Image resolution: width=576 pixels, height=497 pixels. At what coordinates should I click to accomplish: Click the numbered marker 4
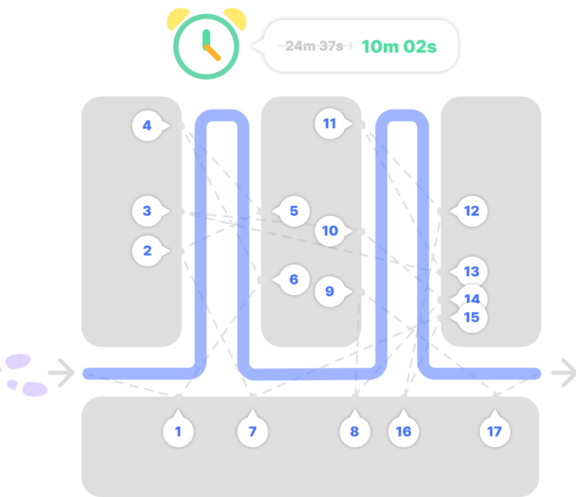(x=147, y=125)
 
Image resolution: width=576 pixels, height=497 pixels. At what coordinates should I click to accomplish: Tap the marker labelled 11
(x=330, y=123)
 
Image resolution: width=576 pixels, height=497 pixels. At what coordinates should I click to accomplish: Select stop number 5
(x=294, y=211)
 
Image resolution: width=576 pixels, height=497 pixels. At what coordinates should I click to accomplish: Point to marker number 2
(x=147, y=251)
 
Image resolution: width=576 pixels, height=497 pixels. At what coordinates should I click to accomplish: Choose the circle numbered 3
(x=147, y=211)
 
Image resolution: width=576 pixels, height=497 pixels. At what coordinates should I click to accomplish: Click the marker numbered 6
(x=294, y=279)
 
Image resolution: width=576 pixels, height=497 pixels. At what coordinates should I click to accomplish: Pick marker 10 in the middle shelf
(x=330, y=231)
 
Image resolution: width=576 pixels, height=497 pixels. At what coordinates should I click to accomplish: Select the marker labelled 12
(x=472, y=211)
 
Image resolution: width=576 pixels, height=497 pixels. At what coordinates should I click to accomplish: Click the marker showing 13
(x=472, y=272)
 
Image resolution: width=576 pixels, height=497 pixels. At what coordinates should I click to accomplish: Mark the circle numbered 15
(x=472, y=318)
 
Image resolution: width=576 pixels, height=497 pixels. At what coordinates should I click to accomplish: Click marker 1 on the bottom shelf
(x=178, y=432)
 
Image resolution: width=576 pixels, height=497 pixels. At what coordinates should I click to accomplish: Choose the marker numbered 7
(x=253, y=432)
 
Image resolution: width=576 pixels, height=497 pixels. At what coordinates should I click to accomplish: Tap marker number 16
(x=404, y=432)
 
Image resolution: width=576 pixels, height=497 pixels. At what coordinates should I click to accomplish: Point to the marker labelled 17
(x=494, y=432)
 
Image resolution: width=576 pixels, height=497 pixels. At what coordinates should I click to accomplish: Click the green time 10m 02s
(x=399, y=46)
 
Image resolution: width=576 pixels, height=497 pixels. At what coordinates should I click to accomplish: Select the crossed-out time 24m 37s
(x=314, y=46)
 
